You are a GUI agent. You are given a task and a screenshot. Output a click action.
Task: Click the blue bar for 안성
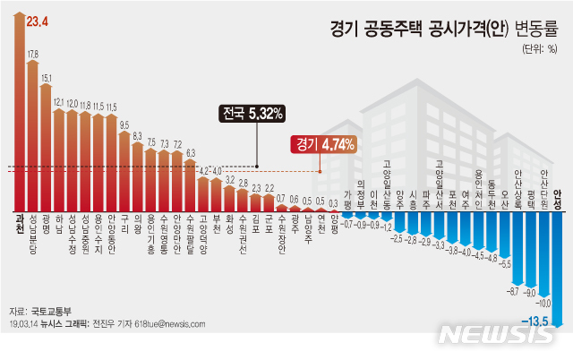tap(558, 260)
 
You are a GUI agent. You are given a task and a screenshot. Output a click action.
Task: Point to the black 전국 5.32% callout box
tap(253, 114)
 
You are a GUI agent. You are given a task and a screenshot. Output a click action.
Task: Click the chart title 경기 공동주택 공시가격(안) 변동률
tap(436, 30)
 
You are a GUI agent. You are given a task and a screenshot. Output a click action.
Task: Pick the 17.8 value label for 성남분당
tap(33, 55)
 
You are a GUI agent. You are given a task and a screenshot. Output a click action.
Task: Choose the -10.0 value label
tap(544, 303)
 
